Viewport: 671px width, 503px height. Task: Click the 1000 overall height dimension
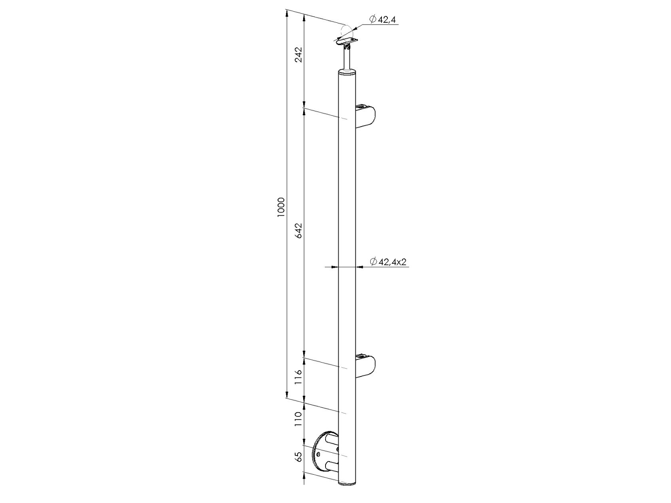point(281,207)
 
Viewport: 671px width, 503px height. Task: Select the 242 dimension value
point(298,55)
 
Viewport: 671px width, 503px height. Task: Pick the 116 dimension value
point(298,377)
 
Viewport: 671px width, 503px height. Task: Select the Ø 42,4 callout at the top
point(383,20)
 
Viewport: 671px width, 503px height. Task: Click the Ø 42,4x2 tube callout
point(388,262)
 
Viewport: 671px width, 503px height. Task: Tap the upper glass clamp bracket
point(365,116)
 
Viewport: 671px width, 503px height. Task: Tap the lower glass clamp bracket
point(365,365)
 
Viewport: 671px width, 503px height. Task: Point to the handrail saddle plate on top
point(346,40)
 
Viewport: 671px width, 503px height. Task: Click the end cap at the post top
point(347,72)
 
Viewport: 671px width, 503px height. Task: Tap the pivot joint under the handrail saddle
point(347,48)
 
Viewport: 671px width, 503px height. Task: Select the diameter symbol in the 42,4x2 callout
point(373,262)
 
